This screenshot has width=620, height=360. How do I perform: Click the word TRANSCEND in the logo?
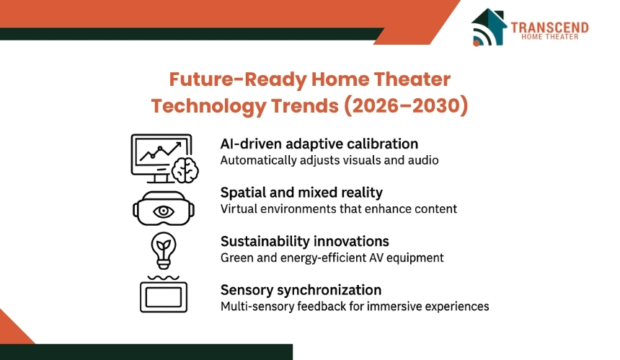549,27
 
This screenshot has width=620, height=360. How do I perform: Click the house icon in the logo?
489,27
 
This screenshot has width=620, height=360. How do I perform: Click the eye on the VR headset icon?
165,211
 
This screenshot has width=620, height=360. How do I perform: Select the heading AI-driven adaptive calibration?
319,144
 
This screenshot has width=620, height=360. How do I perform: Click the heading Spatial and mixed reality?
301,193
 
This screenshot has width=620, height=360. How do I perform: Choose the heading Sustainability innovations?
304,241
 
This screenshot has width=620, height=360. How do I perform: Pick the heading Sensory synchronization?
301,289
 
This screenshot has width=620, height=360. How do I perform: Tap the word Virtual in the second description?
237,209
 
